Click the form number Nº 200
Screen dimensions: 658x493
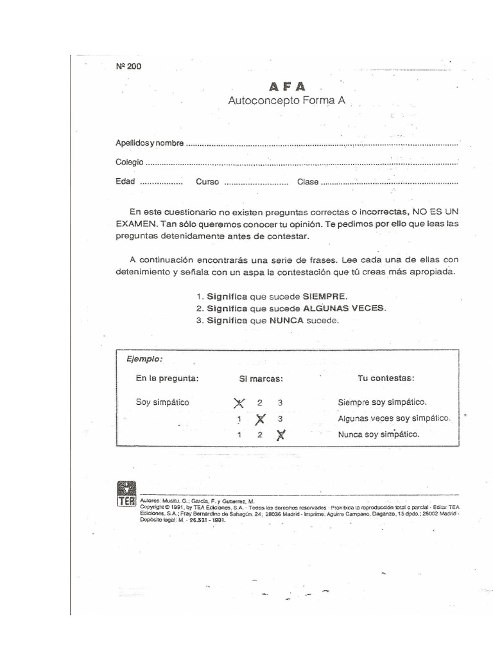(128, 66)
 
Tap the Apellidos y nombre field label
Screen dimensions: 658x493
(150, 142)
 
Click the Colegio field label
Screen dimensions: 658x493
(130, 162)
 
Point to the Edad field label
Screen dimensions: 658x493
(125, 181)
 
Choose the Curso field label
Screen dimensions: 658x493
(207, 182)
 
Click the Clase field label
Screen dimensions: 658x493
(307, 182)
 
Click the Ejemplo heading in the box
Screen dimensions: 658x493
(144, 359)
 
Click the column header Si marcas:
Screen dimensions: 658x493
(261, 378)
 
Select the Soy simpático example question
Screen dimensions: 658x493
(162, 402)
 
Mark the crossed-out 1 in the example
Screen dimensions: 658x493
(239, 404)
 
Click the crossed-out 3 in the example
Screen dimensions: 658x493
(280, 435)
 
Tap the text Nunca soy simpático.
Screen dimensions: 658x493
(379, 434)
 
